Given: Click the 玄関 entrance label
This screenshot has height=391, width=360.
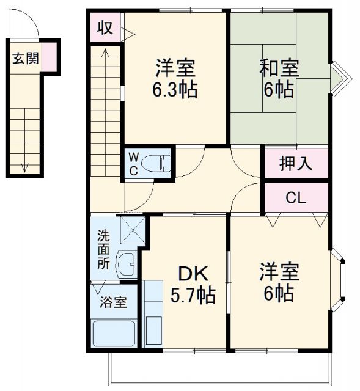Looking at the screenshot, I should point(25,59).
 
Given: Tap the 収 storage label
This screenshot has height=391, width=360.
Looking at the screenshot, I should point(105,29).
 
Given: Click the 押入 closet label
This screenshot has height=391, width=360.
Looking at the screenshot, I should point(296,163).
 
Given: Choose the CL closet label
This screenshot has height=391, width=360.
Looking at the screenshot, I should point(296,198).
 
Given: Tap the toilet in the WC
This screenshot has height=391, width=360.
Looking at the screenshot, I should point(160,164).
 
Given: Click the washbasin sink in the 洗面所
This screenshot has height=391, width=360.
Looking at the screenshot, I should point(127,265).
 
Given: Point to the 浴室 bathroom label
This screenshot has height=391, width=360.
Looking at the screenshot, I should point(113,302).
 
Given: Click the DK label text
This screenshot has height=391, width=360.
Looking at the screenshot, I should point(192,273).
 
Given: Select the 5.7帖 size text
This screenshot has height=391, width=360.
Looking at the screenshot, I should point(192,296).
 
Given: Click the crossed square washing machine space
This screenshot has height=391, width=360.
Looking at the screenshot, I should point(134,230).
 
